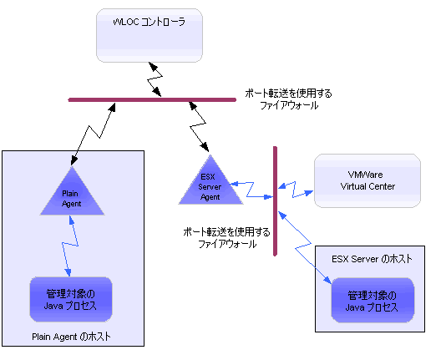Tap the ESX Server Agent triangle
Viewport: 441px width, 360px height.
point(210,182)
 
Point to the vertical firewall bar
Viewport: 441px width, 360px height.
point(275,200)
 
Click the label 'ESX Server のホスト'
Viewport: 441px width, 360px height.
point(367,259)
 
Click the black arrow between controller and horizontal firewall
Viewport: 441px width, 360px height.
point(156,79)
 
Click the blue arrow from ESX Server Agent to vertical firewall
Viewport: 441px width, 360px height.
point(252,190)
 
